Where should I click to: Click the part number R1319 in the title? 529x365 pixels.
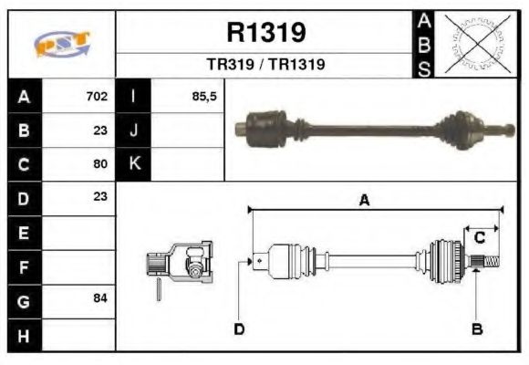pos(265,33)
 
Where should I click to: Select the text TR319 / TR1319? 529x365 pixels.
pos(265,65)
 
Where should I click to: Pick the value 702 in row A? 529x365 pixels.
pos(97,96)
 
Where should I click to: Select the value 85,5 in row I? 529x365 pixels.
pos(204,96)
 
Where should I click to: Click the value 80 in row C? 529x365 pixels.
pos(100,164)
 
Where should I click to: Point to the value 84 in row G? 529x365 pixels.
pos(100,299)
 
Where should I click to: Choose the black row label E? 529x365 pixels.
pos(23,233)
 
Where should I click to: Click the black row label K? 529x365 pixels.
pos(134,164)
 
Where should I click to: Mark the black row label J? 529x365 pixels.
pos(134,130)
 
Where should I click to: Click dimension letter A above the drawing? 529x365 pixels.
pos(364,202)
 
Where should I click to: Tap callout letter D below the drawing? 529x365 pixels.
pos(239,328)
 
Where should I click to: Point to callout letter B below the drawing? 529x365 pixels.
pos(476,328)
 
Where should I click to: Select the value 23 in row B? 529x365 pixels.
pos(100,130)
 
